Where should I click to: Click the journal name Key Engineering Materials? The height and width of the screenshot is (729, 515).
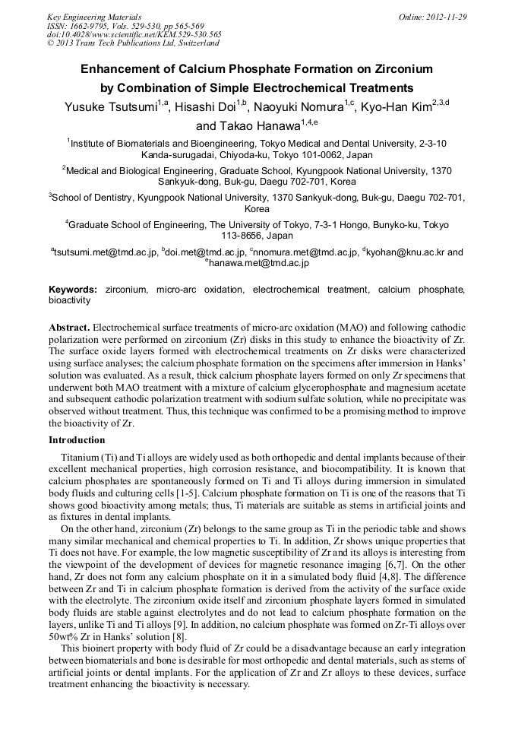(x=94, y=17)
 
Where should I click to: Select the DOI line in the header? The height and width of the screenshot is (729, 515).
(x=134, y=34)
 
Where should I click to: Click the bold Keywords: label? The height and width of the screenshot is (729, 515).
(x=73, y=290)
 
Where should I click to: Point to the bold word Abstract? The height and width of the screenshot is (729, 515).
(x=69, y=327)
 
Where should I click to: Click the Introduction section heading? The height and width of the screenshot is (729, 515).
(x=77, y=440)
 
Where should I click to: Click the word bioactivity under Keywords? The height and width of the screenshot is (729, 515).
(x=70, y=300)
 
